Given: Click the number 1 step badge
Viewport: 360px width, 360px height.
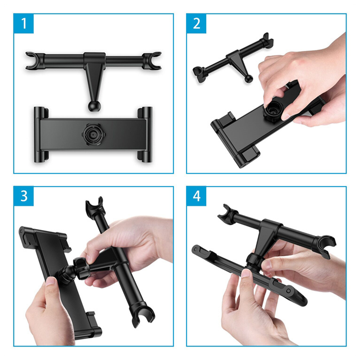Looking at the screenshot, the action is (24, 23).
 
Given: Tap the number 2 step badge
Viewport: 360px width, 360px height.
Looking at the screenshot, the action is (196, 23).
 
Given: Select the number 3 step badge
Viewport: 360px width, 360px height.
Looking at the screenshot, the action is (24, 196).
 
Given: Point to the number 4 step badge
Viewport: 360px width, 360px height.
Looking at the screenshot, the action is (196, 196).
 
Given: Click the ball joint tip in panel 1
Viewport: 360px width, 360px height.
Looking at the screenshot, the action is (94, 106).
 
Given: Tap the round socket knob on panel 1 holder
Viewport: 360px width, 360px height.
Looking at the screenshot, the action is (94, 134).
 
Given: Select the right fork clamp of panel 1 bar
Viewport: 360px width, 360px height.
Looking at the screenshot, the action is (152, 61).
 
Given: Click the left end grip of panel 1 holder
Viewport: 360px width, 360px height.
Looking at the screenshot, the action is (40, 135).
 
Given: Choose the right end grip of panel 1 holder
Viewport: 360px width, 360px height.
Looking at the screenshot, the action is (145, 135).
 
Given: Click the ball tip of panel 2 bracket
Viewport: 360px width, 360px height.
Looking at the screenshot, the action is (248, 79).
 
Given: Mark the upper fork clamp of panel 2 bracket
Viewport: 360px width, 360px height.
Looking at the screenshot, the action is (267, 41).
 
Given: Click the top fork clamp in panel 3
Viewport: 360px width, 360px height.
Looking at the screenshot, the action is (94, 205).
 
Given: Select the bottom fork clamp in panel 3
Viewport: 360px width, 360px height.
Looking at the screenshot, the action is (142, 317).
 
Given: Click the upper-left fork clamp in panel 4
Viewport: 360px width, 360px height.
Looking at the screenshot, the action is (227, 212).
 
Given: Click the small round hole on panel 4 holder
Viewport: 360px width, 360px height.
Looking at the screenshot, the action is (288, 291).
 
